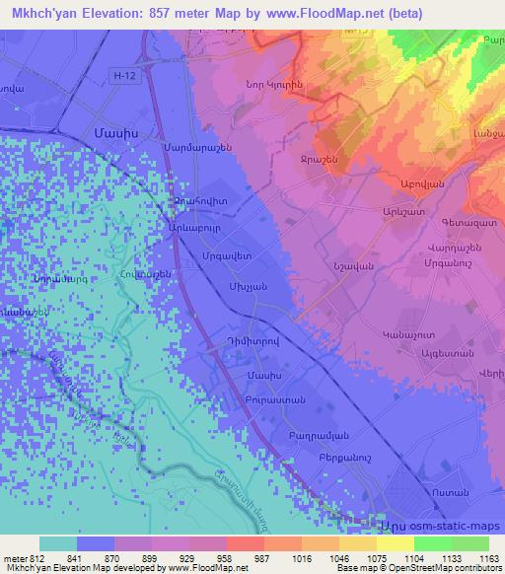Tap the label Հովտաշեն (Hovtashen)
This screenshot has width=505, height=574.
(x=146, y=275)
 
